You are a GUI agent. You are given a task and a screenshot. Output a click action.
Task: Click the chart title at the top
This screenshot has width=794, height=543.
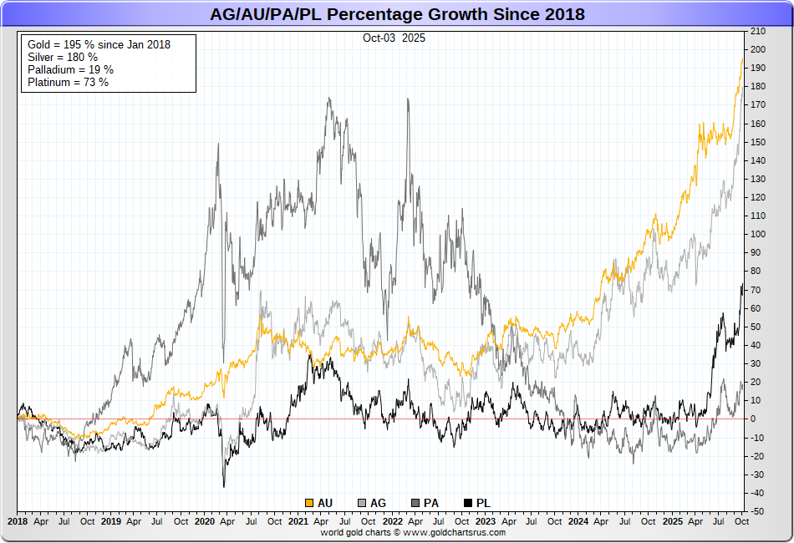[396, 14]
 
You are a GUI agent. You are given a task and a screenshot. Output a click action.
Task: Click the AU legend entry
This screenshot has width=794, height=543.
[319, 503]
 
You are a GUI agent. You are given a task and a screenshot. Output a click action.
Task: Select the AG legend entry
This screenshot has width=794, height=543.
[372, 503]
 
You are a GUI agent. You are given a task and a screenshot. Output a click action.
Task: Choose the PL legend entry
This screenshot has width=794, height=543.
[477, 503]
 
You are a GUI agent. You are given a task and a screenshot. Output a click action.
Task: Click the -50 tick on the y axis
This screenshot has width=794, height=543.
[757, 510]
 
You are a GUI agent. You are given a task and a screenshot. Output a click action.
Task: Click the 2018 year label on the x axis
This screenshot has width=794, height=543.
[18, 521]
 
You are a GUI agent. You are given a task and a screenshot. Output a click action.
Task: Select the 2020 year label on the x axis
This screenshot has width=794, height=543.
[205, 521]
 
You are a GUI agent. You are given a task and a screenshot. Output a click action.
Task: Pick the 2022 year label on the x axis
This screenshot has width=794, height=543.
[393, 521]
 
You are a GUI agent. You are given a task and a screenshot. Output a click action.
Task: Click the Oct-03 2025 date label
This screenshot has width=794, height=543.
[394, 38]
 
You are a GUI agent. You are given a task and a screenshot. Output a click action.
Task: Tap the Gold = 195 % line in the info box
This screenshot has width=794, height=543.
[99, 44]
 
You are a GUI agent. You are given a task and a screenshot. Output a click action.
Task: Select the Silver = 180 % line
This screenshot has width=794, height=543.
[61, 57]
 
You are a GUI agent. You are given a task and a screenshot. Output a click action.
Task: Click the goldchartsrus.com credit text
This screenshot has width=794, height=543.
[413, 532]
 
